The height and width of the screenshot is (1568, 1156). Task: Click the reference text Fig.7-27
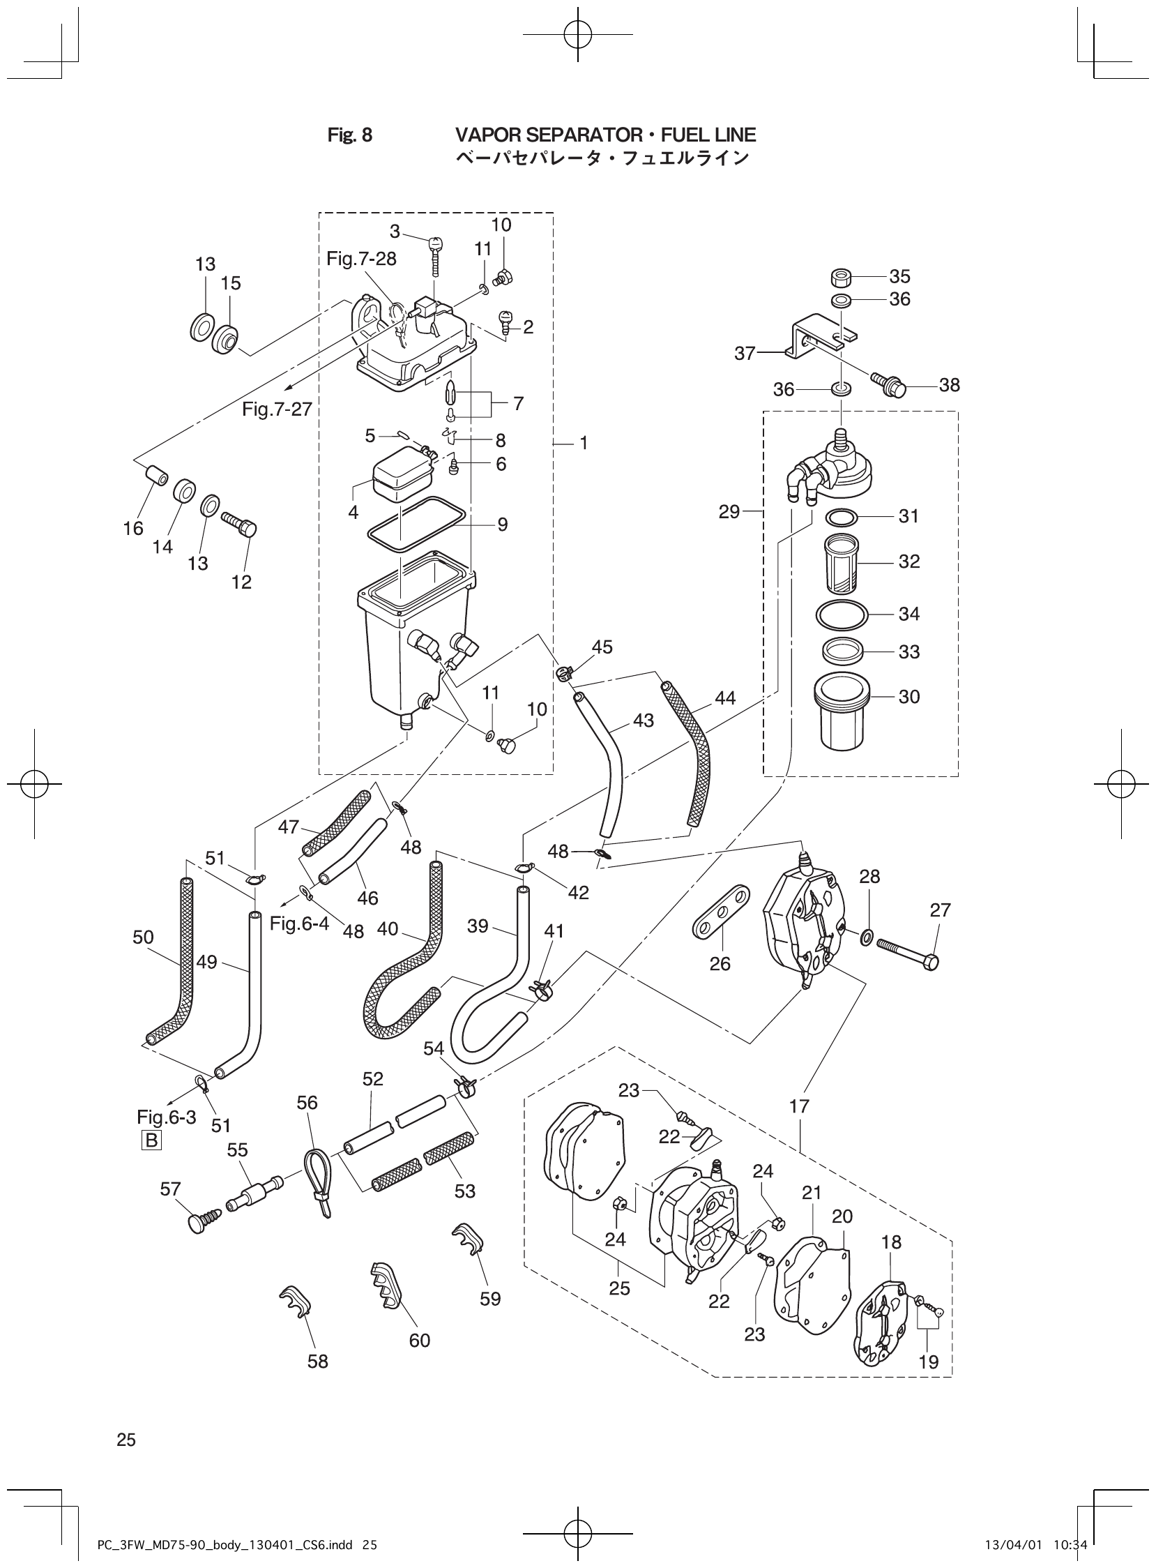click(x=277, y=409)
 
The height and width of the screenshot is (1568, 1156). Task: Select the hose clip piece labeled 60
click(x=386, y=1286)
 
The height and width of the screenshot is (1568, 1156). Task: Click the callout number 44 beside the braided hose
click(x=725, y=698)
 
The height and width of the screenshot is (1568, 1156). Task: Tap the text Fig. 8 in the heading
click(x=350, y=135)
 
